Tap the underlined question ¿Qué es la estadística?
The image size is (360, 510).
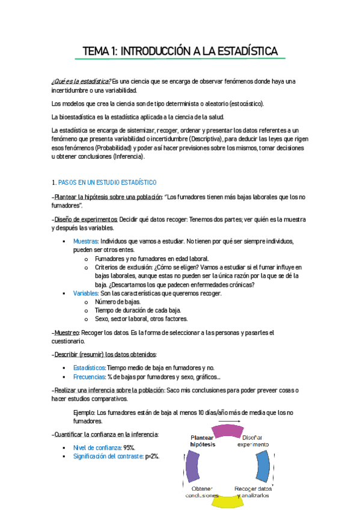pos(81,81)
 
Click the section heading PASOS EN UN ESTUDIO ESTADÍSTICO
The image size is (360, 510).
pos(106,182)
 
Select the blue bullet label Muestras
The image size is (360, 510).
pos(86,241)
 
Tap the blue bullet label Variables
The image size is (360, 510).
pos(85,293)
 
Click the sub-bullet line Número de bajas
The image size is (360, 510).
pos(118,301)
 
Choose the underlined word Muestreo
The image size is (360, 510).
pos(68,332)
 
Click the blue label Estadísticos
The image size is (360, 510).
pos(89,367)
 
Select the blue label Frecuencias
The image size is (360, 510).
pos(89,376)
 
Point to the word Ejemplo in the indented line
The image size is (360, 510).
pos(84,413)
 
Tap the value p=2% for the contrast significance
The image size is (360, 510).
pos(152,456)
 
